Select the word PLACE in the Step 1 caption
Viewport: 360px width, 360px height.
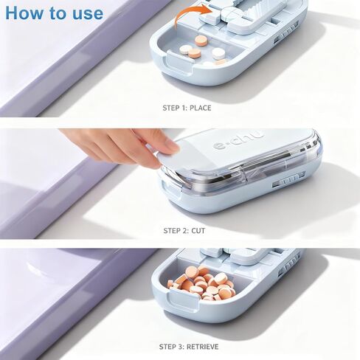(x=201, y=108)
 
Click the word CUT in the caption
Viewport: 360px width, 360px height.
(x=198, y=231)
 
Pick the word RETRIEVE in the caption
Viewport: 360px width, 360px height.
(x=202, y=347)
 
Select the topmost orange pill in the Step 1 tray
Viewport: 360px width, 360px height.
(x=201, y=40)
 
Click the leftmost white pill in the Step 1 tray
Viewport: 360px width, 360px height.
(x=185, y=49)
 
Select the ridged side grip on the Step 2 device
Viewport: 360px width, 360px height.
(x=288, y=181)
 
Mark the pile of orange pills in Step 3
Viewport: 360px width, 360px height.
(x=201, y=283)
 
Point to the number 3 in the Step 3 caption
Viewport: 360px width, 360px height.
(x=181, y=347)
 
